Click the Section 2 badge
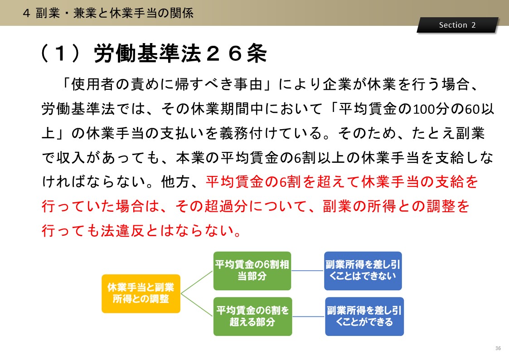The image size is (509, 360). click(457, 25)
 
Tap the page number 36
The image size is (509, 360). click(498, 348)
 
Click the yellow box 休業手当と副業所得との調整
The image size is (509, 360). click(141, 293)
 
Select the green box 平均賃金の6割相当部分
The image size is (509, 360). click(252, 271)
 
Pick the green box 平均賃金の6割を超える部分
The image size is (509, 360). click(252, 316)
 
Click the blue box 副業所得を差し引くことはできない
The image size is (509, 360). click(363, 271)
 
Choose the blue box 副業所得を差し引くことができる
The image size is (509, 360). click(364, 316)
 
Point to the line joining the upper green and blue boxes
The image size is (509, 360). click(308, 271)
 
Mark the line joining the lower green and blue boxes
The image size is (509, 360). click(308, 316)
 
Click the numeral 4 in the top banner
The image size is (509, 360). click(27, 13)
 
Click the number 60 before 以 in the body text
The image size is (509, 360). click(473, 109)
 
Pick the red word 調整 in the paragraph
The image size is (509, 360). click(441, 206)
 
